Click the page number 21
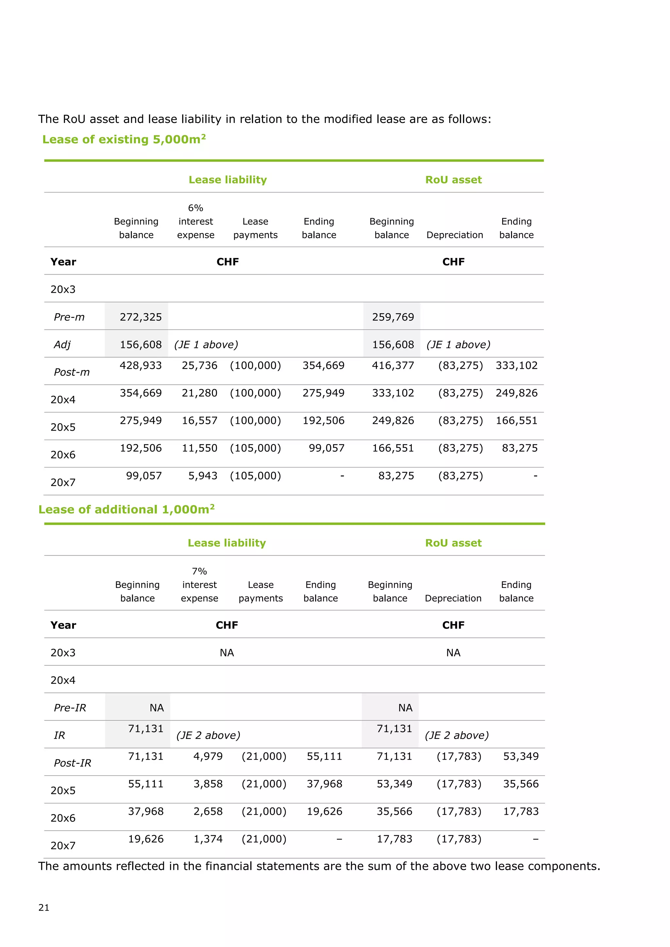[x=44, y=907]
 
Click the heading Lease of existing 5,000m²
[x=124, y=139]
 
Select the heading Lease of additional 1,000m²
[x=126, y=509]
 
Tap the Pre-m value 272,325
[x=141, y=317]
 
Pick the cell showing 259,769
[x=393, y=317]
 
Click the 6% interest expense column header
[x=196, y=221]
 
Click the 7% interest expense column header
[x=199, y=585]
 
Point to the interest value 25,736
[x=199, y=366]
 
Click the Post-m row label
[x=72, y=372]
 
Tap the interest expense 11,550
[x=199, y=448]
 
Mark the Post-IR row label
[x=73, y=763]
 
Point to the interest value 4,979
[x=208, y=756]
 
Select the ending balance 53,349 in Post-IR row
[x=520, y=756]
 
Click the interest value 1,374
[x=208, y=839]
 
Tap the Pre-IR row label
[x=70, y=708]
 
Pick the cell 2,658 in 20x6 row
[x=208, y=811]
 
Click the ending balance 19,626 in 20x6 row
[x=324, y=811]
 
